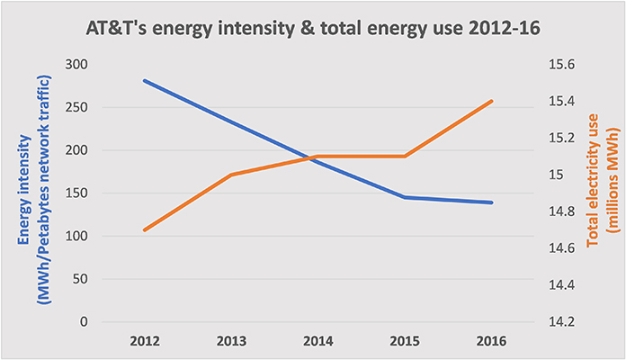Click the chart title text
tap(312, 26)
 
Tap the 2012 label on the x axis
tap(144, 342)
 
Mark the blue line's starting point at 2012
tap(144, 81)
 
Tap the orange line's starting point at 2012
tap(144, 230)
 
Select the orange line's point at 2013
tap(231, 175)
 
